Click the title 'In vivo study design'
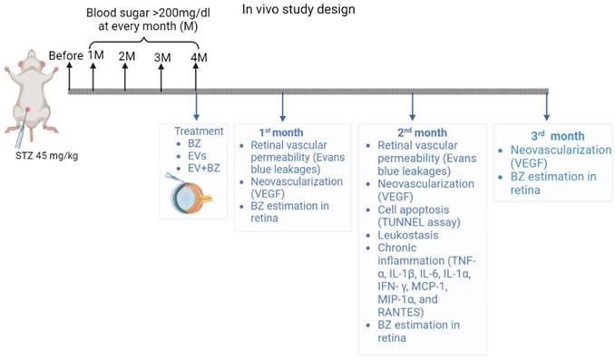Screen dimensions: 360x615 (x=297, y=10)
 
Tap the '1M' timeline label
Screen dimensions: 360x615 (x=96, y=56)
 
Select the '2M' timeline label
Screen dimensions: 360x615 (x=127, y=56)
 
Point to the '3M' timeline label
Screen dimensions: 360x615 (x=163, y=57)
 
